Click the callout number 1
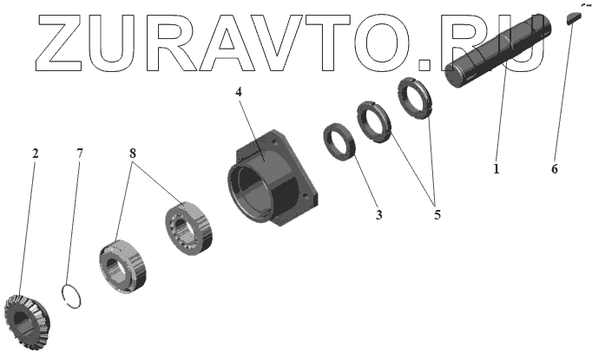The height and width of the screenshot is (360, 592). [497, 168]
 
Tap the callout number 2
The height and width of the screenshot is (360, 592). [35, 154]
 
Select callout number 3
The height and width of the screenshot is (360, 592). [378, 214]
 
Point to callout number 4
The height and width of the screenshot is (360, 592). [238, 92]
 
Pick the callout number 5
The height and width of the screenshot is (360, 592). [437, 214]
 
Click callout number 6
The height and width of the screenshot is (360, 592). [554, 168]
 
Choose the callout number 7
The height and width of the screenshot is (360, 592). [79, 154]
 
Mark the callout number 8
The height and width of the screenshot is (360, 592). [132, 154]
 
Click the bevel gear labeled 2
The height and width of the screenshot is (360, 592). [27, 322]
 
